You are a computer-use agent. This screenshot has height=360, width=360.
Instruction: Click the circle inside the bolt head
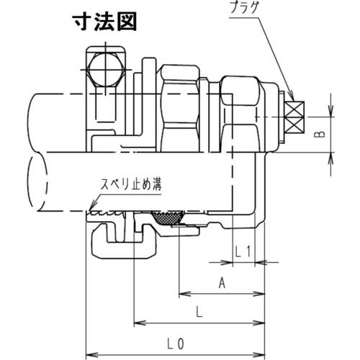tap(100, 72)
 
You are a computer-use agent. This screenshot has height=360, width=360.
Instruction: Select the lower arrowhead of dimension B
tap(331, 154)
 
